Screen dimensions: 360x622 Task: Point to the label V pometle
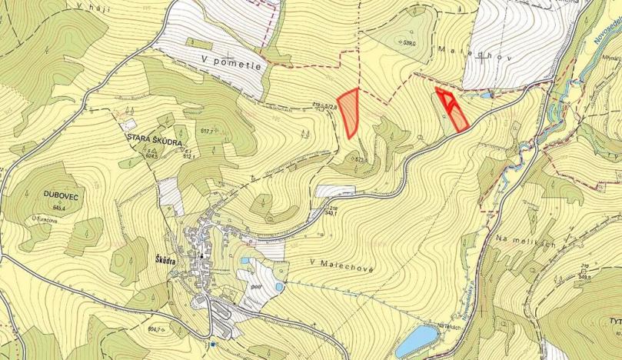(x=231, y=62)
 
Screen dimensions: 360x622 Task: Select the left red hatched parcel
(x=351, y=112)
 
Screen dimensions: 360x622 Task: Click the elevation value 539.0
(x=408, y=43)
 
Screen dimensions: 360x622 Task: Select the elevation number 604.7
(x=158, y=329)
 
